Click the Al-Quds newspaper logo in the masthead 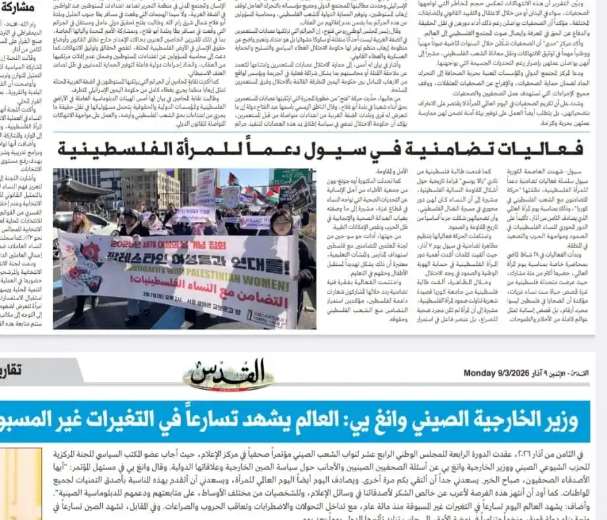[239, 373]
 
